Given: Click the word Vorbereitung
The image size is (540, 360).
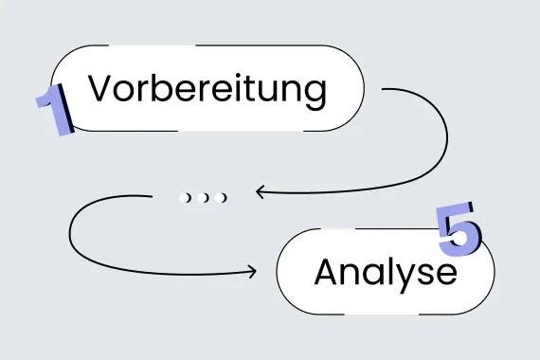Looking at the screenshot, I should tap(207, 90).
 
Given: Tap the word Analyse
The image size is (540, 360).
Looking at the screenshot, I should tap(385, 273).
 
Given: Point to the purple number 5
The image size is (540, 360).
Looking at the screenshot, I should tap(459, 228).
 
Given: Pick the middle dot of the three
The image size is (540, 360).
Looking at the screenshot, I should tap(204, 197).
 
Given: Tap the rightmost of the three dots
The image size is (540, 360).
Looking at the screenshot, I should tap(222, 197).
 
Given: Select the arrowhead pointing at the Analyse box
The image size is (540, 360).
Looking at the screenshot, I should tap(251, 273).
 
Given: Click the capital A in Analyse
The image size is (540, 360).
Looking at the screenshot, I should tap(327, 273).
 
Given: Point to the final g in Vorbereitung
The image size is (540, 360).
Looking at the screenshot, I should tap(315, 95).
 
